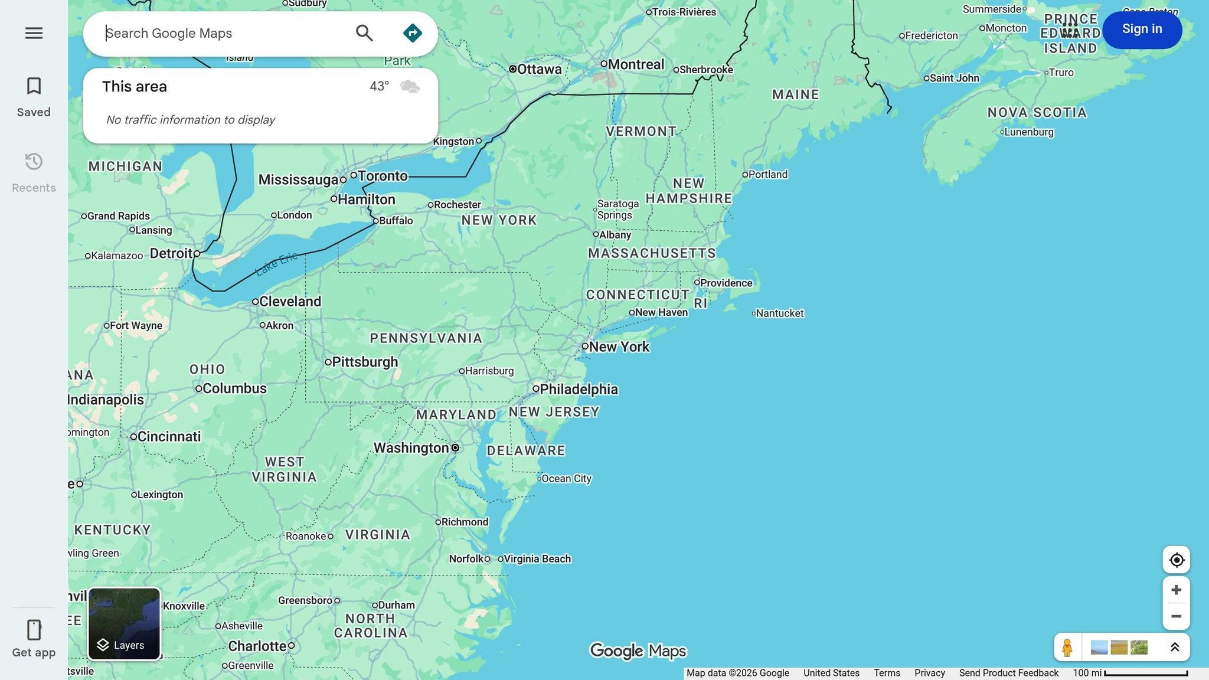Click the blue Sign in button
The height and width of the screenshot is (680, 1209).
(x=1142, y=30)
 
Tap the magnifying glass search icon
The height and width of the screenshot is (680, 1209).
(x=364, y=33)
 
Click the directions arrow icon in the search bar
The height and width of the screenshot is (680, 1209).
(x=412, y=33)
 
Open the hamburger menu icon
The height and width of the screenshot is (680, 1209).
(x=34, y=33)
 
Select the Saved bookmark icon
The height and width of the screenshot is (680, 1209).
(x=34, y=87)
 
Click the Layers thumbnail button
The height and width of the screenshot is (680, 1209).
(x=124, y=623)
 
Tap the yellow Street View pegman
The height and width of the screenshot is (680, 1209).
(x=1067, y=648)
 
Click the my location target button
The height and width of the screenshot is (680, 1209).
(x=1176, y=560)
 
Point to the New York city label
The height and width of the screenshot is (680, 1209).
(x=619, y=347)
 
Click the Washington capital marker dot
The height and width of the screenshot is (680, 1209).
(x=455, y=448)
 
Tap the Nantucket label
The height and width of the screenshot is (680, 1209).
(x=779, y=313)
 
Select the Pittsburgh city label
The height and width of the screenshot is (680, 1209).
(x=364, y=362)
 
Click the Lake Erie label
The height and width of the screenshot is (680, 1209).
(x=276, y=264)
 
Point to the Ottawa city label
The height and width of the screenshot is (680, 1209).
(x=538, y=69)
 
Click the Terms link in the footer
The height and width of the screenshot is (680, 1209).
(x=887, y=673)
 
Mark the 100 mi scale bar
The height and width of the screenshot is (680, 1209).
(x=1145, y=674)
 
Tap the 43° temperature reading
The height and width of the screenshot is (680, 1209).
(x=379, y=87)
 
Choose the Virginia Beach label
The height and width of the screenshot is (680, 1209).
(x=537, y=559)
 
